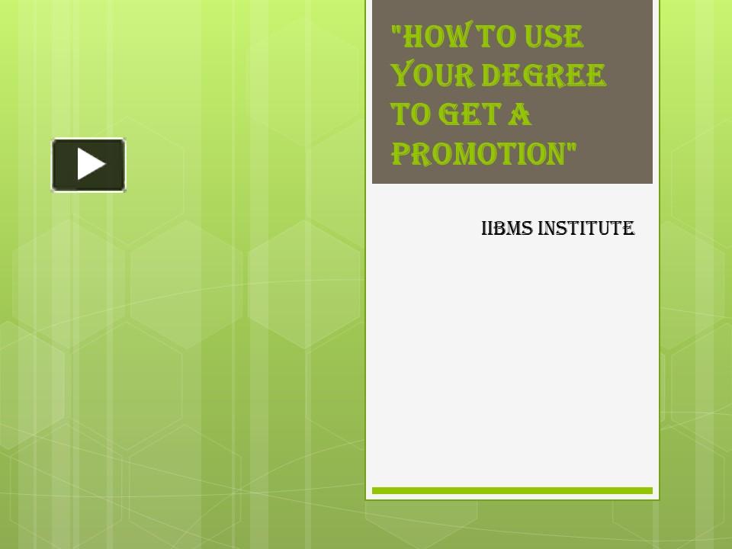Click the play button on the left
point(88,165)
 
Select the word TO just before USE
point(477,36)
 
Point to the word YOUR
point(430,75)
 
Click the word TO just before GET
point(408,115)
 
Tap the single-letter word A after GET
point(521,115)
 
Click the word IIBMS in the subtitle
point(506,228)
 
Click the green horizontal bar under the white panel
point(512,491)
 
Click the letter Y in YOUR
point(401,76)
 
